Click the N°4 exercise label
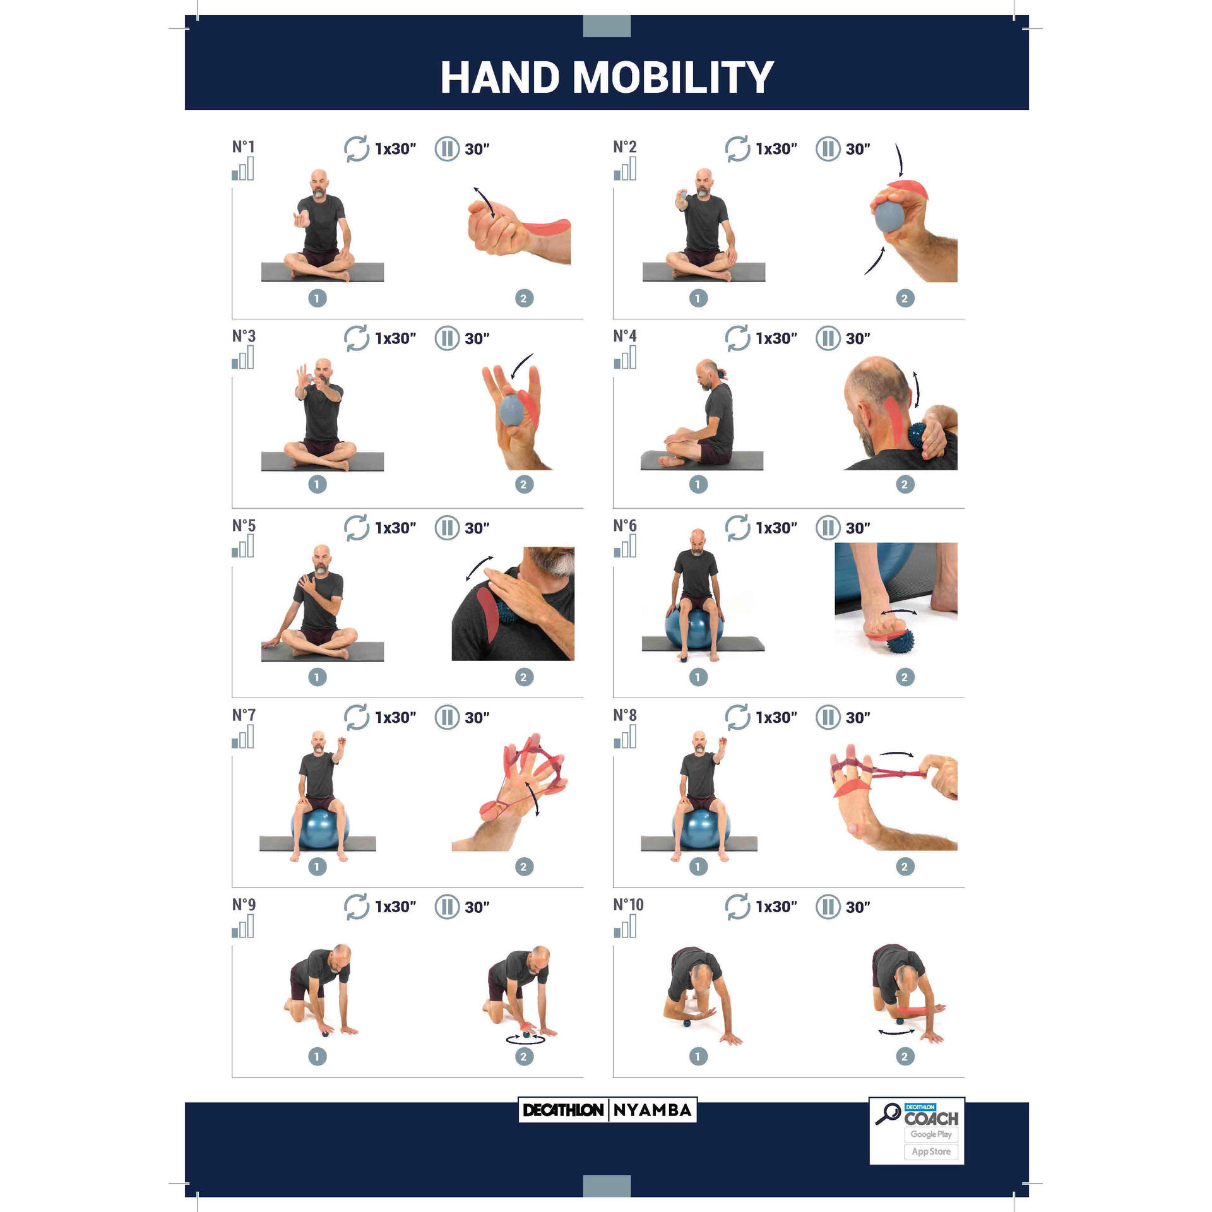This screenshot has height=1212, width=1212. tap(624, 336)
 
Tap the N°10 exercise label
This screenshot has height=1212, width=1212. tap(628, 905)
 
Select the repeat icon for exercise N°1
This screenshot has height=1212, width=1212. tap(356, 149)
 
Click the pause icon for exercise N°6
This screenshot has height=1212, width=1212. tap(828, 528)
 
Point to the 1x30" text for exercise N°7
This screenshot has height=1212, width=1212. tap(395, 718)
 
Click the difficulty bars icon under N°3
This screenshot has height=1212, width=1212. tap(243, 359)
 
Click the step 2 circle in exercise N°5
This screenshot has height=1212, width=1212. tap(523, 677)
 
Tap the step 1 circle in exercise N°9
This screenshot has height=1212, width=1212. tap(317, 1056)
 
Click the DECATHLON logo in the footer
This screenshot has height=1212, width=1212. tap(563, 1110)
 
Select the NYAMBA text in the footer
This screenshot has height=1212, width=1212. tap(652, 1110)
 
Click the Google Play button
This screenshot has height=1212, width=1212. tap(930, 1134)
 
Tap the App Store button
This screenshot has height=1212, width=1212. tap(930, 1152)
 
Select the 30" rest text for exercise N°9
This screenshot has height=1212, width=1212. tap(477, 907)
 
